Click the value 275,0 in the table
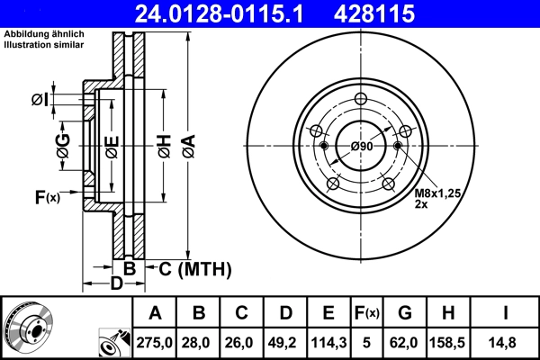[x=155, y=342]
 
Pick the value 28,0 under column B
[x=198, y=342]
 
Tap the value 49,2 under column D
[x=285, y=342]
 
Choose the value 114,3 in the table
[x=328, y=342]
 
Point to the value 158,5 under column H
[x=447, y=342]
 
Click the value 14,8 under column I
[x=505, y=342]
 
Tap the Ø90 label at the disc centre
[x=362, y=146]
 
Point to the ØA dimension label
[x=188, y=143]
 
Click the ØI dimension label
[x=40, y=99]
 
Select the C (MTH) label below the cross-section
[x=194, y=268]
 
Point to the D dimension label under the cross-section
[x=116, y=284]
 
